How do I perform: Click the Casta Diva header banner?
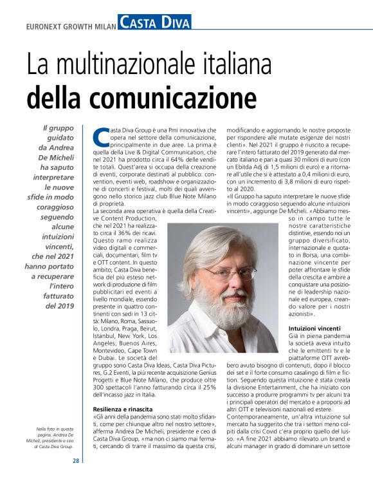click(x=154, y=24)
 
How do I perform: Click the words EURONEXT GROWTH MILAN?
click(x=71, y=26)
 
